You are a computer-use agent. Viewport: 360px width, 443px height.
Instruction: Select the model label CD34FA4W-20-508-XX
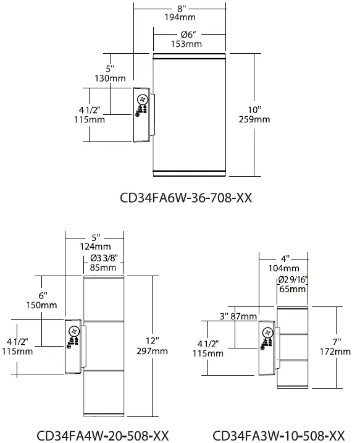(x=103, y=434)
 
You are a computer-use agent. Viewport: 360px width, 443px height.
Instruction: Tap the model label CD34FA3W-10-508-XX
(x=278, y=434)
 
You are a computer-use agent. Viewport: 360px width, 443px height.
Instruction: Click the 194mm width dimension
(x=180, y=19)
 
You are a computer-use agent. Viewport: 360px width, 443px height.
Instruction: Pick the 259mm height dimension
(x=254, y=119)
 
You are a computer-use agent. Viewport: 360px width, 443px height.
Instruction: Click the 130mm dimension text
(x=111, y=78)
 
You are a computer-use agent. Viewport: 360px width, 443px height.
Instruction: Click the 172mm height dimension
(x=338, y=351)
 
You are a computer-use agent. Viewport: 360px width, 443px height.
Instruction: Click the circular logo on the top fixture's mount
(x=143, y=99)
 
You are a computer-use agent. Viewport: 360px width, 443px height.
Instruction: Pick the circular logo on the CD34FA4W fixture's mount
(x=74, y=331)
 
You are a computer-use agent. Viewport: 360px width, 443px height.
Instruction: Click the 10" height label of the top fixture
(x=254, y=108)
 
